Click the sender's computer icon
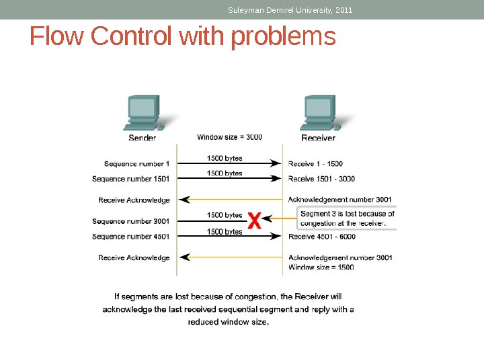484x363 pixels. [x=143, y=113]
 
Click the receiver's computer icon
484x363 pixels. [x=321, y=113]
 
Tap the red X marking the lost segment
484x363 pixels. [x=253, y=220]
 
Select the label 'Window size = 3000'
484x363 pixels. [x=229, y=137]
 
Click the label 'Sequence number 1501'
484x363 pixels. [x=130, y=179]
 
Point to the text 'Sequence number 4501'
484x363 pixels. [x=130, y=237]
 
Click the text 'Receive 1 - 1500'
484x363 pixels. [x=315, y=163]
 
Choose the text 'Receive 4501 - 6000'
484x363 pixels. [x=322, y=237]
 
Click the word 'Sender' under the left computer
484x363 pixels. [x=142, y=138]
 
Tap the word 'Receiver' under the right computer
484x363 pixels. [x=318, y=138]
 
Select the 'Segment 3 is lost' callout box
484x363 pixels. [x=346, y=218]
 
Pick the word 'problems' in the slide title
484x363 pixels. [x=282, y=38]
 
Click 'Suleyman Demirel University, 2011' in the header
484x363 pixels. [x=290, y=10]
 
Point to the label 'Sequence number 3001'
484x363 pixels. [x=130, y=221]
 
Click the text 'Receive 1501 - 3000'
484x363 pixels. [x=321, y=179]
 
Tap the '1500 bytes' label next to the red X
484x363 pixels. [x=225, y=215]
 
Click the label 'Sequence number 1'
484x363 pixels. [x=136, y=163]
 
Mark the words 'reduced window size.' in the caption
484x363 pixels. [x=229, y=322]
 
